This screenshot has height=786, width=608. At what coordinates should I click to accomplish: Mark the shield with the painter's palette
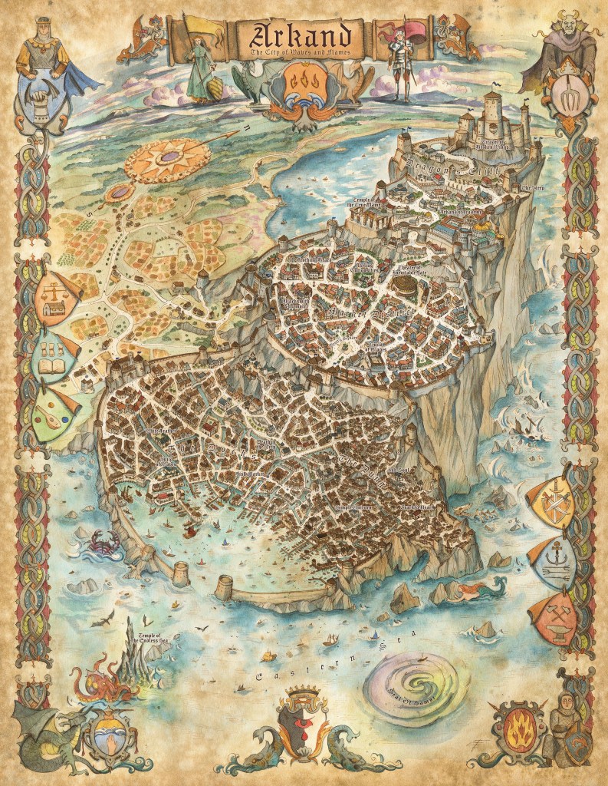[x=51, y=415]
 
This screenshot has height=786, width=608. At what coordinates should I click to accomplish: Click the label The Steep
[x=532, y=188]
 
